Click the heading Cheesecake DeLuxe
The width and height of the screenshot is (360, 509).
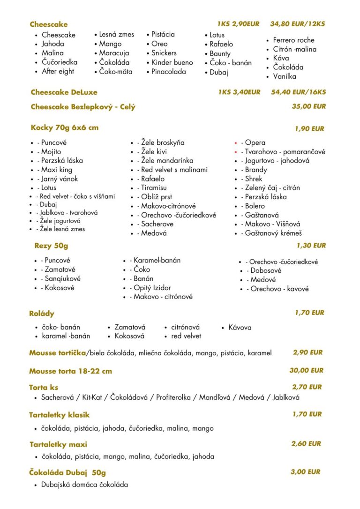click(64, 92)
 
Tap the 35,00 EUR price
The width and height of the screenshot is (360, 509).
click(308, 106)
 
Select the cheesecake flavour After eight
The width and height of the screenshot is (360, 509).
click(58, 71)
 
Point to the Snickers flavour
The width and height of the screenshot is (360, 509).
click(165, 53)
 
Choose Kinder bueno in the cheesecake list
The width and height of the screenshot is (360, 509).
click(172, 62)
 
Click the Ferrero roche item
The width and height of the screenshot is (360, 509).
click(293, 40)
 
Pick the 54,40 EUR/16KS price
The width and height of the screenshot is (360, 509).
click(298, 92)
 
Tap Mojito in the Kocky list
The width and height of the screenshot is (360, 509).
click(51, 152)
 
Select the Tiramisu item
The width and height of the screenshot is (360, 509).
click(154, 188)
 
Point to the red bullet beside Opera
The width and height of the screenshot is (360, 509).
click(236, 143)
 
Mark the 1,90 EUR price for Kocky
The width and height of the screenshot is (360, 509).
click(309, 129)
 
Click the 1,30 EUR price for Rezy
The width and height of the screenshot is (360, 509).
click(311, 245)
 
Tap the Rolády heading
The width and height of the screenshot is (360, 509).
click(42, 314)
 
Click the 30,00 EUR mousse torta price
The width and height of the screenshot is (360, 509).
click(306, 370)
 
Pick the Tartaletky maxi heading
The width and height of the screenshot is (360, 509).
click(58, 444)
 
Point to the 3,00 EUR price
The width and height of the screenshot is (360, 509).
click(305, 472)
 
